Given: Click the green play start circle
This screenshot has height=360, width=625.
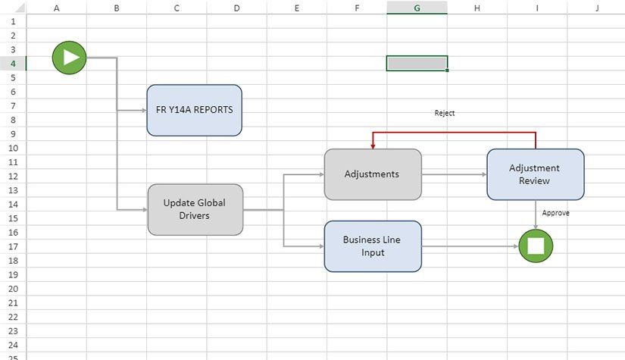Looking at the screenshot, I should (69, 57).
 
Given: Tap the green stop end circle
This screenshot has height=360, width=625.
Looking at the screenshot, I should (536, 246).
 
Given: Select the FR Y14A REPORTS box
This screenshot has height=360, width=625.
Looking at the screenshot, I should (195, 110).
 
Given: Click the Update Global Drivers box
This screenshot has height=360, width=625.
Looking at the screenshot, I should (195, 209).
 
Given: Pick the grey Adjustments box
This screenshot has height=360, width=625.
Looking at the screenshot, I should (372, 174).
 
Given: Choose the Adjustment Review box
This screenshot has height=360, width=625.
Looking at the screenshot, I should (535, 174).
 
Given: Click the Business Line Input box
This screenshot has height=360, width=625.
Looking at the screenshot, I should (372, 246).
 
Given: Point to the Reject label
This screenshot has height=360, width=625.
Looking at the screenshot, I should (445, 113).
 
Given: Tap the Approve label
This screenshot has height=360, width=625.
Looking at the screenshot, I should (555, 213).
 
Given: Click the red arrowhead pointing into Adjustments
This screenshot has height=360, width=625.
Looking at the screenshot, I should (373, 145).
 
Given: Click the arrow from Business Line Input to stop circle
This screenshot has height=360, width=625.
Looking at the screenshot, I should (470, 246).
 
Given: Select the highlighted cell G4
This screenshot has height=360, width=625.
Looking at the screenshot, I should (417, 63).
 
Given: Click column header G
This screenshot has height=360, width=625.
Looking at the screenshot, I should (417, 8).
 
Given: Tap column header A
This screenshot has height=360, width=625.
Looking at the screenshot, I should (57, 8).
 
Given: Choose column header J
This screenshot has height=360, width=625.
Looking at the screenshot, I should (596, 8).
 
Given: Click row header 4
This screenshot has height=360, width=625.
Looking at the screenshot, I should (13, 63).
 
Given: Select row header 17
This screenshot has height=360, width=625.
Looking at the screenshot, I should (13, 246).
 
